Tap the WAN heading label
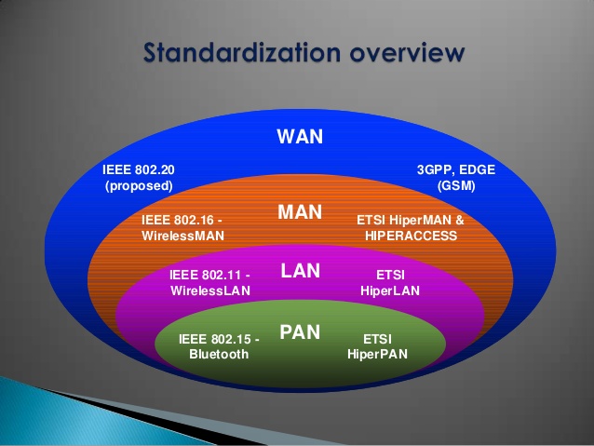coord(300,137)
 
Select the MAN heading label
coord(300,212)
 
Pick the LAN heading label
coord(300,271)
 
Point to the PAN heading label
coord(300,331)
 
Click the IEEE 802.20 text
coord(139,169)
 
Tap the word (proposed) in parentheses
coord(139,185)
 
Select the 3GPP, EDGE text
coord(456,169)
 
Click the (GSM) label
coord(456,185)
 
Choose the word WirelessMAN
coord(183,237)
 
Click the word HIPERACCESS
coord(411,237)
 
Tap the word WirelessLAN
coord(211,291)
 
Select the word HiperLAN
coord(390,291)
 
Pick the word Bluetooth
coord(219,354)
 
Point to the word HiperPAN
coord(377,354)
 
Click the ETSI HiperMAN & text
coord(410,221)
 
